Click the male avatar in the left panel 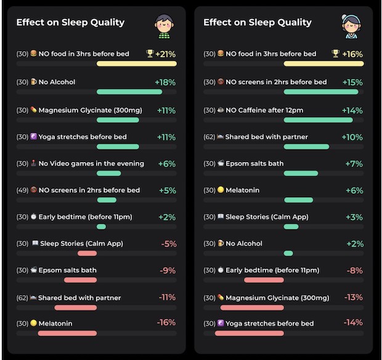(x=163, y=27)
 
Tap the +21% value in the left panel (x=166, y=54)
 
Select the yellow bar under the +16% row (x=323, y=63)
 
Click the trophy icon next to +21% (x=150, y=54)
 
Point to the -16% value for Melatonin (x=166, y=322)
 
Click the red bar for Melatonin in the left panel (x=67, y=333)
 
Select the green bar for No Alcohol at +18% (x=129, y=92)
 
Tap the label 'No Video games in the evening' (x=91, y=164)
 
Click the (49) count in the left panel (x=22, y=190)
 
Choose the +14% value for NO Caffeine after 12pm (x=353, y=110)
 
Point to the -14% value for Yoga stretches (x=353, y=322)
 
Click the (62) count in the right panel (x=209, y=137)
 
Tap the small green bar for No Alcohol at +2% (x=288, y=253)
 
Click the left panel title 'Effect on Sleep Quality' (x=70, y=23)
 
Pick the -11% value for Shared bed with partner (x=167, y=297)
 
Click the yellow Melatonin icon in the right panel (x=220, y=190)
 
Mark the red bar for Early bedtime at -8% (x=264, y=280)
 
